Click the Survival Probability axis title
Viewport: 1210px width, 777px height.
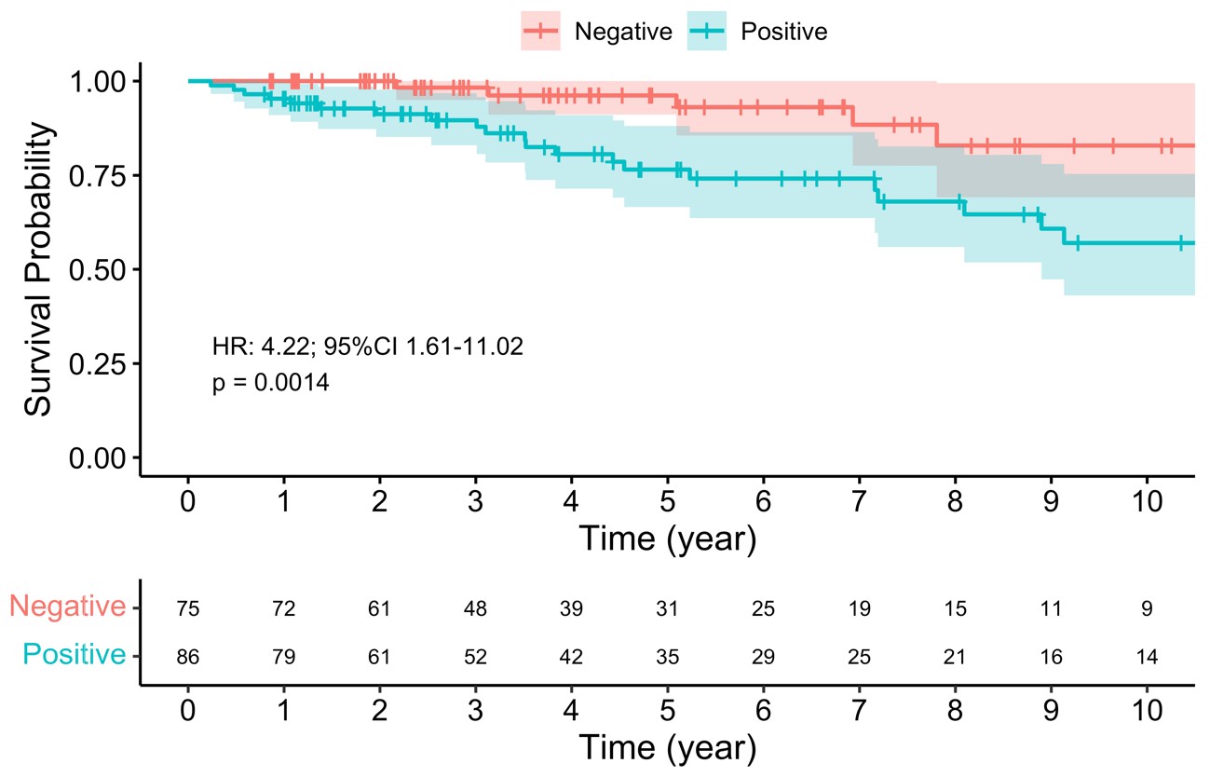pyautogui.click(x=39, y=269)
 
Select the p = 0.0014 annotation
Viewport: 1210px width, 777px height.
pyautogui.click(x=270, y=383)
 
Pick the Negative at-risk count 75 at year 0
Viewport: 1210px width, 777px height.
pyautogui.click(x=188, y=609)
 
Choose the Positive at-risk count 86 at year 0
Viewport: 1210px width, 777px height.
pyautogui.click(x=188, y=657)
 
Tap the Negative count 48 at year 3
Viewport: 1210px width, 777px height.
pyautogui.click(x=476, y=609)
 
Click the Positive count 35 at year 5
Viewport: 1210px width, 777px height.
pyautogui.click(x=667, y=657)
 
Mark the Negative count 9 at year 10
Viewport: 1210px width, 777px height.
pyautogui.click(x=1147, y=609)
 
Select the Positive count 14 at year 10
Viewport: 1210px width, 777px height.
pyautogui.click(x=1147, y=657)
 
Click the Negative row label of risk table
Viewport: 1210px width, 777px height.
pyautogui.click(x=67, y=607)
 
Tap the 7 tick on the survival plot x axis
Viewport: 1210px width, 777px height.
pyautogui.click(x=859, y=500)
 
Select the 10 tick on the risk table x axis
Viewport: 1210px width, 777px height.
pyautogui.click(x=1147, y=710)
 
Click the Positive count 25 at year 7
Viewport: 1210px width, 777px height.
pyautogui.click(x=859, y=657)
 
